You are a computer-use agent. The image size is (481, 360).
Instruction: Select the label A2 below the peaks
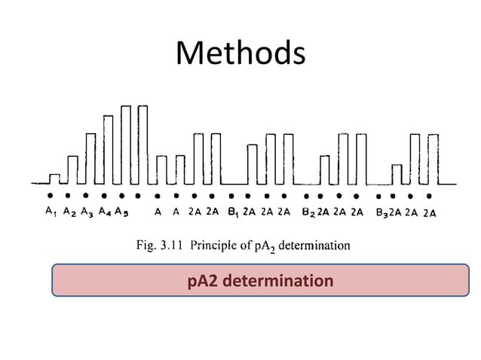point(69,212)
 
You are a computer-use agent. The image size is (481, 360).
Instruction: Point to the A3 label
point(87,212)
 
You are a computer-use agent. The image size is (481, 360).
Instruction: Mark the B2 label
point(308,212)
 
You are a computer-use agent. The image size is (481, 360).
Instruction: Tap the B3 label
point(381,212)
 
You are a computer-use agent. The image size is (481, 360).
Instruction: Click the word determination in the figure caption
point(314,245)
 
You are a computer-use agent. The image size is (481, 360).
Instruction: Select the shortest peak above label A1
point(54,178)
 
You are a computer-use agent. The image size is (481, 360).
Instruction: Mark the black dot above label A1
point(51,195)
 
